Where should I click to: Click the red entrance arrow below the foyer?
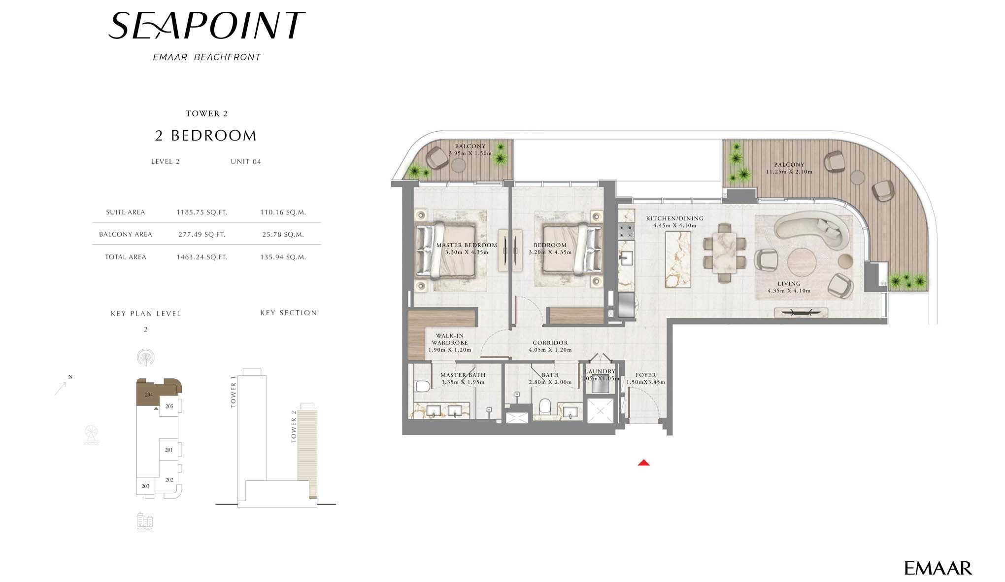click(x=643, y=463)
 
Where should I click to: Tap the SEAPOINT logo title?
click(x=206, y=26)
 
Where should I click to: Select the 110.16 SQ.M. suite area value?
click(x=283, y=213)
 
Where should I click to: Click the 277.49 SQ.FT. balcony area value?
click(x=202, y=235)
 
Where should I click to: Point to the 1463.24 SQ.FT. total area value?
click(x=202, y=257)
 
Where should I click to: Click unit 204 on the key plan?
click(x=149, y=395)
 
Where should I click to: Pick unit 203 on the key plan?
click(x=145, y=486)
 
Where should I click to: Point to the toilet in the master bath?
click(x=422, y=386)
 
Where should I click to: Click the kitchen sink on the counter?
click(x=626, y=258)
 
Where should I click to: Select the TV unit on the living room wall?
click(x=801, y=312)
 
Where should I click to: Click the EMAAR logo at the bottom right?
click(x=938, y=568)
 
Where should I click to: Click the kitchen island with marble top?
click(x=678, y=259)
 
